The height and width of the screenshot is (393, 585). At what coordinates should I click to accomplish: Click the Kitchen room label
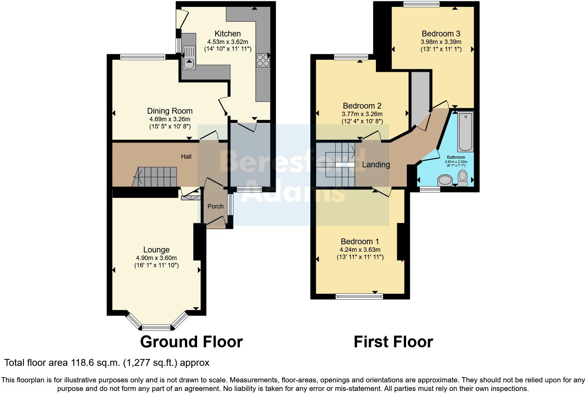pos(228,34)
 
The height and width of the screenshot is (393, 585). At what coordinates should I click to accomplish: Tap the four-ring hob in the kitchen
pos(263,60)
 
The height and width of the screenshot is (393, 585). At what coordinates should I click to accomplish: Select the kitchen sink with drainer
pos(189,58)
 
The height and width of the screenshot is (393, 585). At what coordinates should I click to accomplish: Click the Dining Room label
pos(170,111)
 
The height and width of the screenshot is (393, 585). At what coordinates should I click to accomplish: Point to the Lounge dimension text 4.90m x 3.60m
pos(156,258)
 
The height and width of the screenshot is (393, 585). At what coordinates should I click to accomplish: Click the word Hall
pos(186,157)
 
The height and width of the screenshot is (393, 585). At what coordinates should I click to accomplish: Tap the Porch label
pos(216,206)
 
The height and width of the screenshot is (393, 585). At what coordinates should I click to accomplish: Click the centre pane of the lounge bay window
pos(156,327)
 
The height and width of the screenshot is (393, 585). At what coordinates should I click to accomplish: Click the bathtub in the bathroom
pos(466,132)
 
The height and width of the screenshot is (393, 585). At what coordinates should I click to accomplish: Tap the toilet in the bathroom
pos(462,178)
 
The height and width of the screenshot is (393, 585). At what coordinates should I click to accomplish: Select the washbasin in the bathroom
pos(446,180)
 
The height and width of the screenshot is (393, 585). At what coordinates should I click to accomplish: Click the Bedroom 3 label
pos(441,34)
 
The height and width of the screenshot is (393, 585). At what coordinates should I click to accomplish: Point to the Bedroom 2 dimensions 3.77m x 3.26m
pos(362,114)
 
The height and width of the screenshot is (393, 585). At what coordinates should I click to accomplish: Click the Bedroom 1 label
pos(360,242)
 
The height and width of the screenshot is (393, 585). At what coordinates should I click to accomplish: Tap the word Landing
pos(376,165)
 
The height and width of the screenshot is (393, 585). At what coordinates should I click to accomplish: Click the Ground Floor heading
pos(191,342)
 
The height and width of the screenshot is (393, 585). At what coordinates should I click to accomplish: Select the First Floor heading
pos(393,342)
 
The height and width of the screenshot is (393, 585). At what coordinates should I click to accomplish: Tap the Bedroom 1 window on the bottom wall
pos(359,296)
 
